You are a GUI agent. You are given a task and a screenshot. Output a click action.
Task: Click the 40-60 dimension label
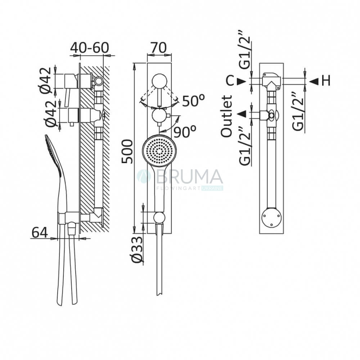pos(90,48)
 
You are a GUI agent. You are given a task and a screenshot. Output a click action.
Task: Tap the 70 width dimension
pos(159,48)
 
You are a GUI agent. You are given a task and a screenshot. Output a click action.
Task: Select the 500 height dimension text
pos(127,152)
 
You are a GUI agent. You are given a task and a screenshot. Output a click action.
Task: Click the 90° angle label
pos(185,131)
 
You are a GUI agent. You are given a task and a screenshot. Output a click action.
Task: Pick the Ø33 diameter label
pos(137,249)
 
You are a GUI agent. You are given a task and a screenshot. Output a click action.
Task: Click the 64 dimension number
pos(40,232)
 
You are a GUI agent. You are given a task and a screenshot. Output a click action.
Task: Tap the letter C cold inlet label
pos(230,81)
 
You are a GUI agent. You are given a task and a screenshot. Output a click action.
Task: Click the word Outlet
pos(226,117)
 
